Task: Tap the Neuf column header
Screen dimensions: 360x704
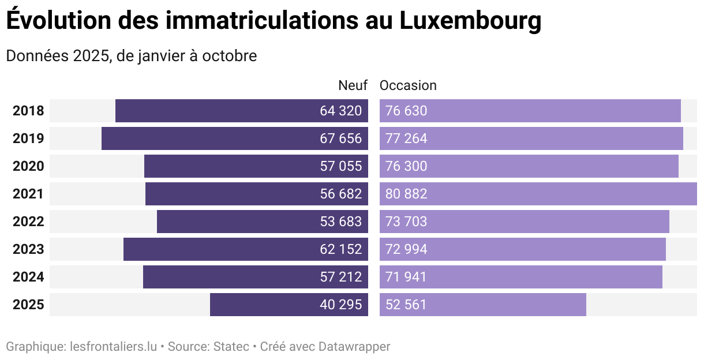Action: (353, 85)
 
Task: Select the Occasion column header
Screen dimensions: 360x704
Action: (408, 85)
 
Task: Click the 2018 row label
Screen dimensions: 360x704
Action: (28, 111)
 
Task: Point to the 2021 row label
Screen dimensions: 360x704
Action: (28, 194)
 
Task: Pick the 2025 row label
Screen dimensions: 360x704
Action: (28, 305)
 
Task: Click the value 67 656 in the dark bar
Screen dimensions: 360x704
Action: (340, 138)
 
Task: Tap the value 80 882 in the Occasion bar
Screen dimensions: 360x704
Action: (406, 194)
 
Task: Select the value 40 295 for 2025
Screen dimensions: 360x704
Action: (340, 305)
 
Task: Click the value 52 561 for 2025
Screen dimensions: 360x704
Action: (406, 305)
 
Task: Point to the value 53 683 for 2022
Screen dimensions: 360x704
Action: (340, 222)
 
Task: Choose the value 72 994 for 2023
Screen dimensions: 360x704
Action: (406, 249)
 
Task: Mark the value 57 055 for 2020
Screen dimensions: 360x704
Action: (340, 166)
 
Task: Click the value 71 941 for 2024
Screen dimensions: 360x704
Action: (406, 277)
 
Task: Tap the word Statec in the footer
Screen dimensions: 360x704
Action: (231, 347)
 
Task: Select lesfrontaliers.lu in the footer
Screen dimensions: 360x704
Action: (113, 347)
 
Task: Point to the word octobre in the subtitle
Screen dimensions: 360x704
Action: (229, 57)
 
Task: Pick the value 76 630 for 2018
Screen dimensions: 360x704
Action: (406, 111)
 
